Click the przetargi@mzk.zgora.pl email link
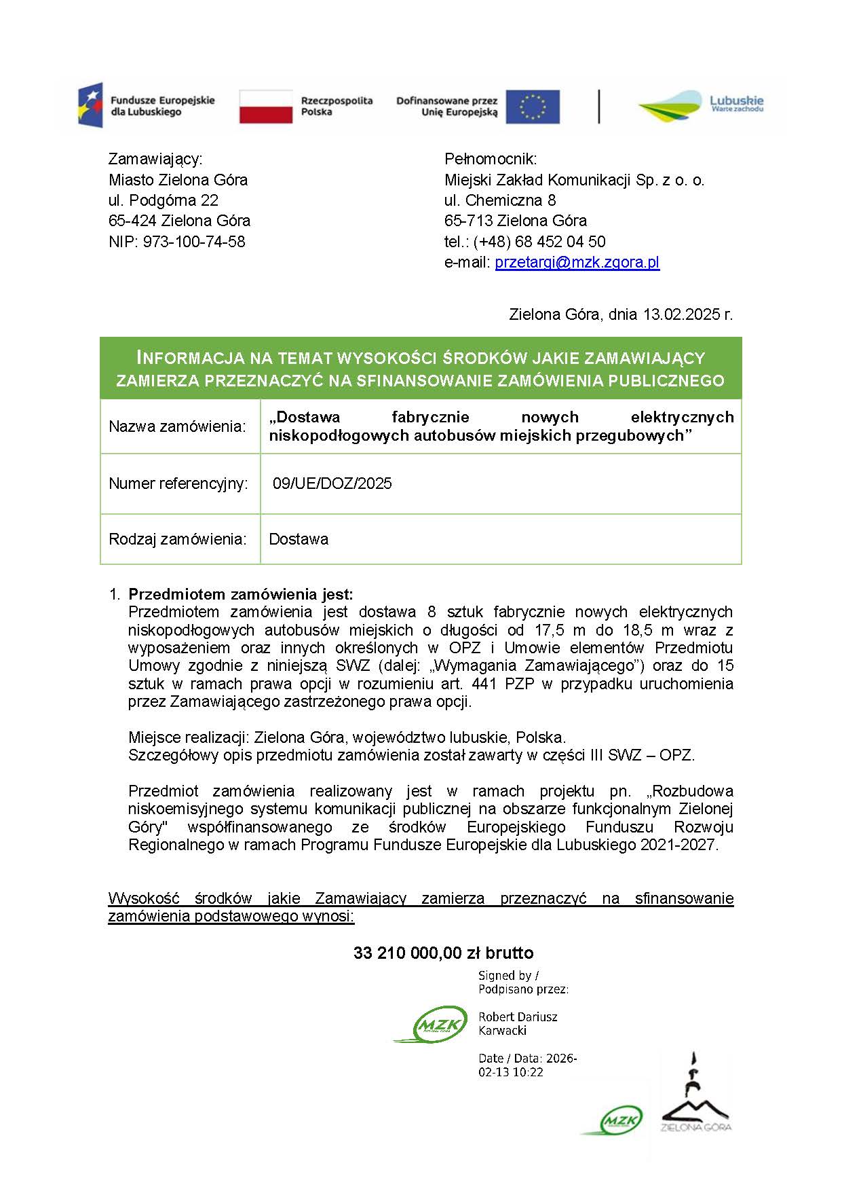pos(577,263)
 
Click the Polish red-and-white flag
pos(265,107)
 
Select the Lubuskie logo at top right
pos(700,106)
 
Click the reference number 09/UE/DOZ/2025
pos(332,483)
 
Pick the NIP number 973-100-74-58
pos(194,242)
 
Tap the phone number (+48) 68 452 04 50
pos(539,242)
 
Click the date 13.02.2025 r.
pos(688,314)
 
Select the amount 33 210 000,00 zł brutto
pos(443,953)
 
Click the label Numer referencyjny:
pos(178,483)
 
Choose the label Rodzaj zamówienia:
pos(177,539)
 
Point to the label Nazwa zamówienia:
pos(177,426)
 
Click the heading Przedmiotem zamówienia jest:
pos(241,594)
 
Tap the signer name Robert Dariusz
pos(518,1016)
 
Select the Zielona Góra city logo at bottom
pos(695,1093)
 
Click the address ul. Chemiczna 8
pos(500,200)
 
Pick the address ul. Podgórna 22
pos(164,200)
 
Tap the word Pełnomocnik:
pos(491,159)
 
